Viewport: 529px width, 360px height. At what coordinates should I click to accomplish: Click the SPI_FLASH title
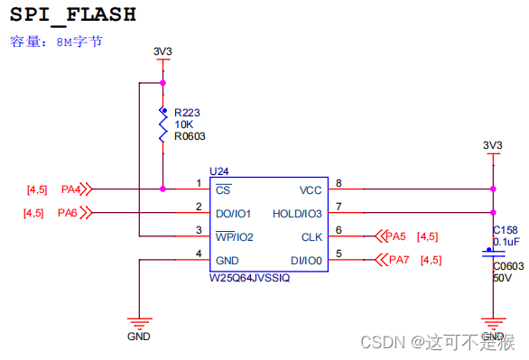pos(73,15)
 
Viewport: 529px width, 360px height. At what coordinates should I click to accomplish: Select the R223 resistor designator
pos(187,113)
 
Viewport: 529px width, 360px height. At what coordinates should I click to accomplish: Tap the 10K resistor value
pos(183,125)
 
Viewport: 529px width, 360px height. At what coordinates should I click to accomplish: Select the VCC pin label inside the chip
pos(311,190)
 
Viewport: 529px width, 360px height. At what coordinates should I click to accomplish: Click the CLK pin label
pos(312,237)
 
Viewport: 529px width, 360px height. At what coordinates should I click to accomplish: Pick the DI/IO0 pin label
pos(305,261)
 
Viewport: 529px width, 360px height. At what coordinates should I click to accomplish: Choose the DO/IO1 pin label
pos(233,214)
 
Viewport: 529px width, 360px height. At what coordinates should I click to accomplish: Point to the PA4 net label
pos(71,189)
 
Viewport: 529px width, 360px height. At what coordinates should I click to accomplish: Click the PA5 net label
pos(395,236)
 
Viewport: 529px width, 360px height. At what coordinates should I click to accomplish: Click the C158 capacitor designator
pos(505,231)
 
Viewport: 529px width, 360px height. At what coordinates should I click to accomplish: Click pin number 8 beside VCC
pos(339,183)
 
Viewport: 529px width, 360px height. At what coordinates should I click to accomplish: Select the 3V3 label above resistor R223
pos(162,51)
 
